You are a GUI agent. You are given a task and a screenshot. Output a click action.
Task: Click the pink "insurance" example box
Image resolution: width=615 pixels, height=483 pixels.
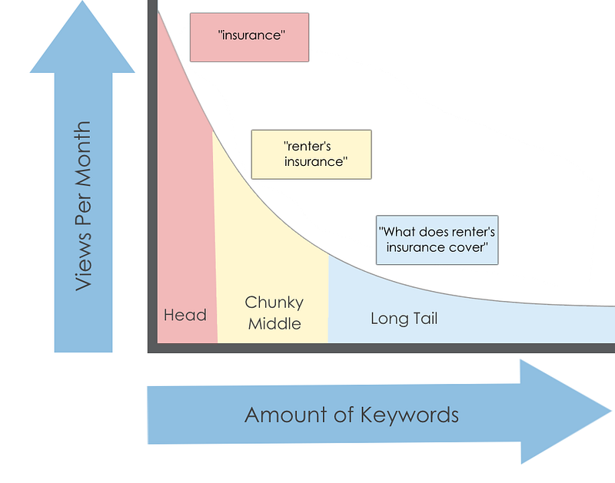(x=249, y=37)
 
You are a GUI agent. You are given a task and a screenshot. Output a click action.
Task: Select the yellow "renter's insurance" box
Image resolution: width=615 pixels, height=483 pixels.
(x=311, y=154)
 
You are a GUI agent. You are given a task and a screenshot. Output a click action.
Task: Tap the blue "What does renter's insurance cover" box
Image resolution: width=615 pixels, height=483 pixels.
(x=437, y=240)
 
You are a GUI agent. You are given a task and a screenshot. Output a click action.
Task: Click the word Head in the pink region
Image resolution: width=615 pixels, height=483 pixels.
(x=185, y=315)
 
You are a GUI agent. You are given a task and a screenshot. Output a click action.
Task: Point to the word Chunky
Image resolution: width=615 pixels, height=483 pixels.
(x=274, y=303)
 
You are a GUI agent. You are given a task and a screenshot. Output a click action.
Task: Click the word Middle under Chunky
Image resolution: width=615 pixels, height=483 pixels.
(x=274, y=324)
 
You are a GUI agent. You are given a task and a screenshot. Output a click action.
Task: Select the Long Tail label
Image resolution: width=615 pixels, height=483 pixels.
(x=404, y=319)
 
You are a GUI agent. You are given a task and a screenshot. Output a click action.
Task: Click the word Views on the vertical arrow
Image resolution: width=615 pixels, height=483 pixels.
(x=83, y=261)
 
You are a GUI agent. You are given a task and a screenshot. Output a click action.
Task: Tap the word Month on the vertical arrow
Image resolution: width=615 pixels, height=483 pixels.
(x=83, y=154)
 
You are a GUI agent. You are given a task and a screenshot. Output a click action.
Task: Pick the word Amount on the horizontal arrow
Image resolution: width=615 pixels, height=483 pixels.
(x=286, y=415)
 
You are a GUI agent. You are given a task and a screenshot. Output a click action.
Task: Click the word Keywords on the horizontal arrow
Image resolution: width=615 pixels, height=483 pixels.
(x=410, y=415)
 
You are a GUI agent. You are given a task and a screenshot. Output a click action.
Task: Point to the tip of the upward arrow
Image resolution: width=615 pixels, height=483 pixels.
(x=82, y=2)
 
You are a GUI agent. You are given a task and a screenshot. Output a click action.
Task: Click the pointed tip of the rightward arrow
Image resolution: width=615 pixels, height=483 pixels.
(x=611, y=411)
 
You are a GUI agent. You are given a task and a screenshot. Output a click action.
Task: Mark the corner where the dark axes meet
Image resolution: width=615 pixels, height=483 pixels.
(x=152, y=348)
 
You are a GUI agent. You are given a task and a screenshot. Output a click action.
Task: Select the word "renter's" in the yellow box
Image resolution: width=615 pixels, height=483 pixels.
(x=307, y=147)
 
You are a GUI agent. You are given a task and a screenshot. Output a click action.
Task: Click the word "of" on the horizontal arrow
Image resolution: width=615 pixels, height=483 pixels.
(x=344, y=415)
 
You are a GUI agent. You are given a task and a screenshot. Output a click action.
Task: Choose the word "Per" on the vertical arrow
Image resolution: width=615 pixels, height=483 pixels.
(x=83, y=210)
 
